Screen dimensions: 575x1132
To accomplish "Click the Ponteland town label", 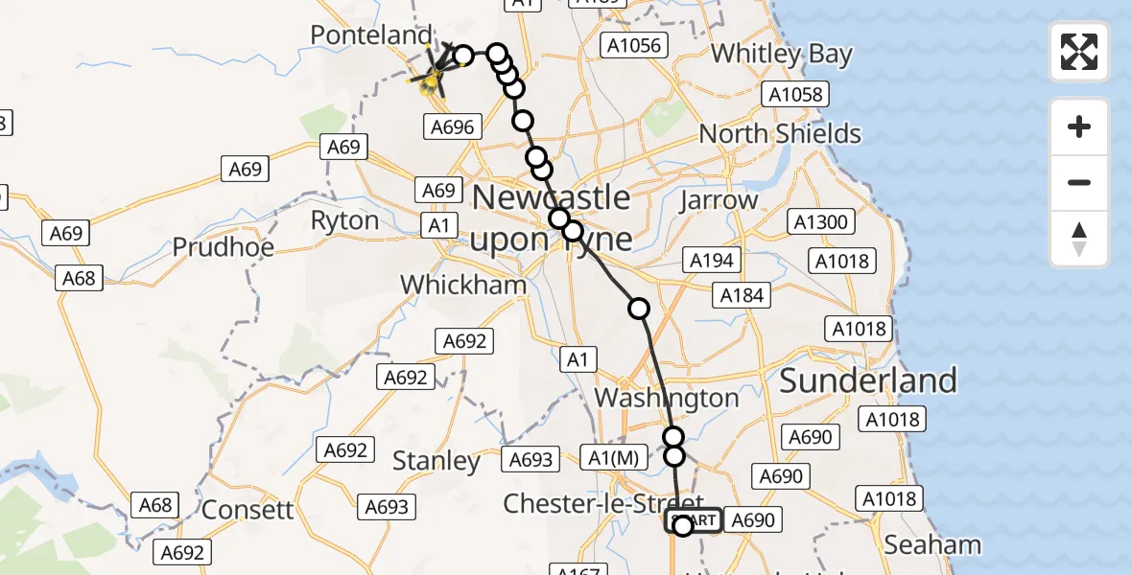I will [370, 35].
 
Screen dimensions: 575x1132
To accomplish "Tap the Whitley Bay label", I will [782, 54].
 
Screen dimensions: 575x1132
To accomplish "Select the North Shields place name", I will [779, 133].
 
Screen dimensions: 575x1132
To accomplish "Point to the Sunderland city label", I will [867, 380].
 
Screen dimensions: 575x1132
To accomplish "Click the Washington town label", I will [667, 398].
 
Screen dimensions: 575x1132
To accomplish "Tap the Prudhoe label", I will [223, 247].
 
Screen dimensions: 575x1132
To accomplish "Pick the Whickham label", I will [463, 285].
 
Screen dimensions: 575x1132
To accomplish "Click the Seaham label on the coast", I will [932, 545].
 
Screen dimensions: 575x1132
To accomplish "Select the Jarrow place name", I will [719, 201].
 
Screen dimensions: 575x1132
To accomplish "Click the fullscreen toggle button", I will [1079, 52].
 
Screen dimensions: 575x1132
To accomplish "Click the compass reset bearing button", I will [1079, 239].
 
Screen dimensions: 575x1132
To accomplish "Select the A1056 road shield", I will [633, 45].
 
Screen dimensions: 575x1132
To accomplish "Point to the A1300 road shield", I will [820, 222].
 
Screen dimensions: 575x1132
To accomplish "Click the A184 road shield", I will [743, 295].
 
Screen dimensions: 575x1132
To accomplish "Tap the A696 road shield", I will [451, 126].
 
